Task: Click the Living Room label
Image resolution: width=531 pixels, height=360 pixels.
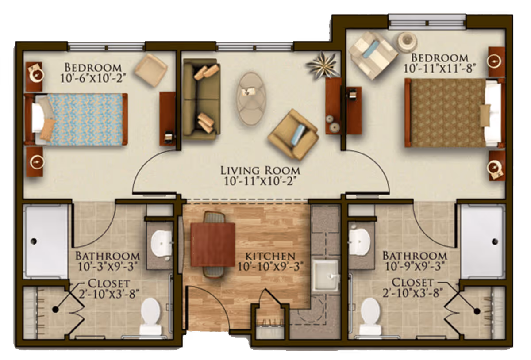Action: coord(260,170)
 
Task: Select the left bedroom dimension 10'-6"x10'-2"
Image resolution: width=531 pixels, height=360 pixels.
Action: coord(92,78)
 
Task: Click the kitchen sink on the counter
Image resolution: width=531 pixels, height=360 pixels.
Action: coord(326,275)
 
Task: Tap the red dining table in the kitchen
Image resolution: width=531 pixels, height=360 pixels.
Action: coord(213,245)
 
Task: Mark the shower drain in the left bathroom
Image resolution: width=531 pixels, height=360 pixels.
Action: coord(33,241)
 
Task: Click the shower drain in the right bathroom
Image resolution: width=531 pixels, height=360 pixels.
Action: coord(495,241)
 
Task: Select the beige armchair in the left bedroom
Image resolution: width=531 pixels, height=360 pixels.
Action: coord(151,70)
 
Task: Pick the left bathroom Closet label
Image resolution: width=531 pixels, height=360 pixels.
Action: coord(109,283)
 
